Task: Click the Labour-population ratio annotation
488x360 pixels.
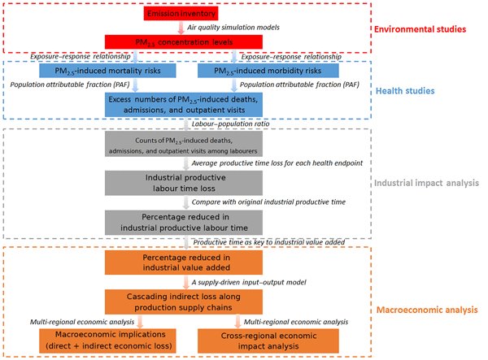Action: (229, 124)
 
